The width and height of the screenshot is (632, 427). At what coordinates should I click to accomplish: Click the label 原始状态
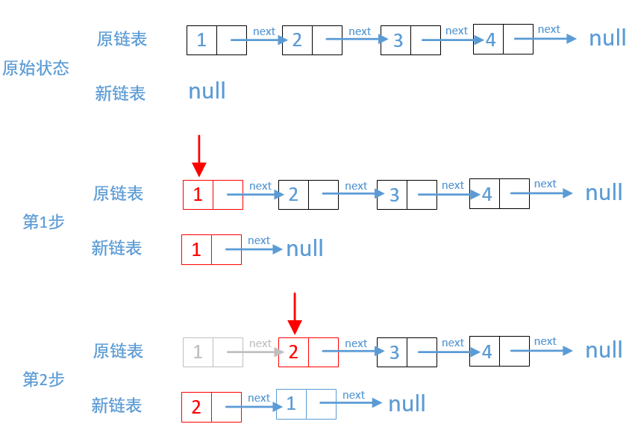pos(36,69)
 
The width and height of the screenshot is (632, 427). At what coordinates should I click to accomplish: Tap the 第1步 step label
pos(43,222)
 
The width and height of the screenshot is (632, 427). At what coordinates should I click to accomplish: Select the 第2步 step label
pos(43,379)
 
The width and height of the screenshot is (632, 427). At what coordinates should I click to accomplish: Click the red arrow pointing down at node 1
pos(198,155)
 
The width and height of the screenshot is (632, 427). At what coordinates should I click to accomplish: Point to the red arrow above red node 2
pos(295,314)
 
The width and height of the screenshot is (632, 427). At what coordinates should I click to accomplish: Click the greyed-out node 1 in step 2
pos(198,352)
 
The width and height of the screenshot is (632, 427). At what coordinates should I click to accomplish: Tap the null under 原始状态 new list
pos(207,91)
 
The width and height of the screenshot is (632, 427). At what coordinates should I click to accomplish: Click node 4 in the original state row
pos(490,40)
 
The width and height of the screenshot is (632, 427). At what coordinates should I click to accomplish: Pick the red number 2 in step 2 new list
pos(196,407)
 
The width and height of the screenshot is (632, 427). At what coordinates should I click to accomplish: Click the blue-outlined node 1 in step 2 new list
pos(291,404)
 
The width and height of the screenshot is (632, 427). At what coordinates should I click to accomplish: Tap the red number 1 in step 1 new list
pos(196,249)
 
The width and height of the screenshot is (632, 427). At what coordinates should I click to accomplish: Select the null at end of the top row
pos(607,38)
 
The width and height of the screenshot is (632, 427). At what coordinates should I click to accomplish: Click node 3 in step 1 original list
pos(394,195)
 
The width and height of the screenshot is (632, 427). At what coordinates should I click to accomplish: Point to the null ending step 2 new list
pos(407,404)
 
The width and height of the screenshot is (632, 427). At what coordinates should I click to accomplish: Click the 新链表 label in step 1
pos(116,248)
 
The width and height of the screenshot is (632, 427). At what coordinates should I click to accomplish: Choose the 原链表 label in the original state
pos(122,39)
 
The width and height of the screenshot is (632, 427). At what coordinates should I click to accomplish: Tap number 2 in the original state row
pos(297,40)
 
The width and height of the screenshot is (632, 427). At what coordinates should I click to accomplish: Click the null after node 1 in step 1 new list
pos(304,249)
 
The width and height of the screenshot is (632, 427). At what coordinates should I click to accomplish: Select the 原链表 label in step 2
pos(118,351)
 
